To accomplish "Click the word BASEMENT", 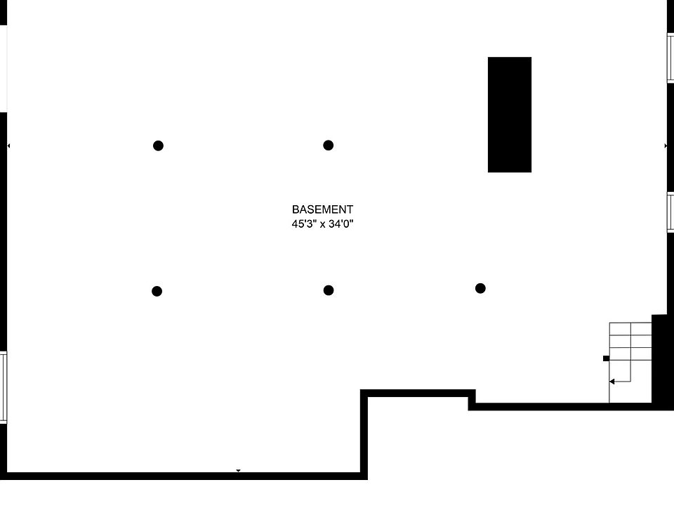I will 322,209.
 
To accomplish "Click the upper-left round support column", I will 158,146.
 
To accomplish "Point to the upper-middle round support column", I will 328,145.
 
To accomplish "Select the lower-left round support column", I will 157,291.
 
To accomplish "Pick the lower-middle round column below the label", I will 328,290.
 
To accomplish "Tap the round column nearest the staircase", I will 480,288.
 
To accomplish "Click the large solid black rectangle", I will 509,115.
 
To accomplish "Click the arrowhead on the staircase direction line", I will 612,382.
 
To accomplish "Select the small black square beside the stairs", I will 606,358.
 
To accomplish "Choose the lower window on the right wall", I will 670,212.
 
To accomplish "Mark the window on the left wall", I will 3,387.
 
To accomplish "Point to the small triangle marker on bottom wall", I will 238,471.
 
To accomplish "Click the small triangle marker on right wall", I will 666,145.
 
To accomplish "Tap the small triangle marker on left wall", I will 8,145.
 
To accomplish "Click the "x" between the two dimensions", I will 322,225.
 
